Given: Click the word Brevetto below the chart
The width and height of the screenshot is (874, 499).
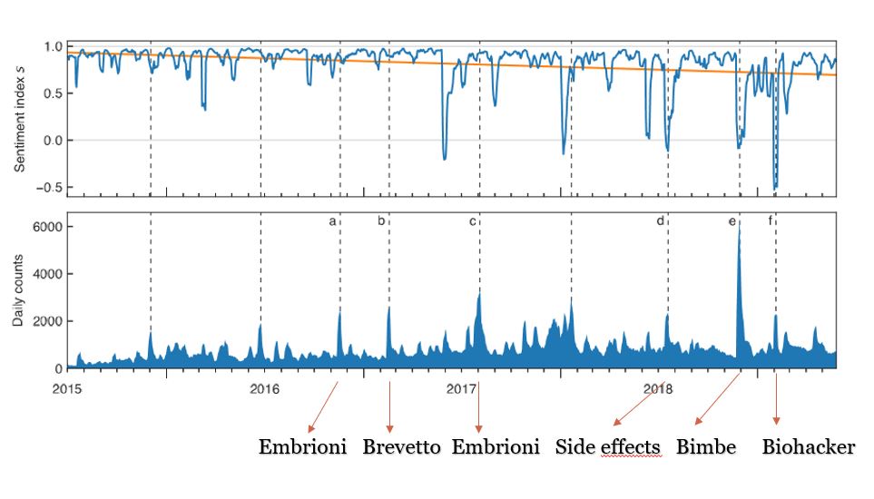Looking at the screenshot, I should (x=401, y=447).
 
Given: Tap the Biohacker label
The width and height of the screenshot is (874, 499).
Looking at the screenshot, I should (x=808, y=447).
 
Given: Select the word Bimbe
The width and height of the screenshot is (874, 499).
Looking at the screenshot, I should (x=705, y=447).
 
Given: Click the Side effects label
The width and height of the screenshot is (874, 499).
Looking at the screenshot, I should (x=607, y=447).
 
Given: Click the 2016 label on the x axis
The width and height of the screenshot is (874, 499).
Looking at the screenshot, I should (x=264, y=389).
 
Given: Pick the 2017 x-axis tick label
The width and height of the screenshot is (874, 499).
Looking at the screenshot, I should (x=461, y=389).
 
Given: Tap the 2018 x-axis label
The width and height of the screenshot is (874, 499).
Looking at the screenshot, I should (x=658, y=389).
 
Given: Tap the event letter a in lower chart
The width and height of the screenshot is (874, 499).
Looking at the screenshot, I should (x=332, y=220).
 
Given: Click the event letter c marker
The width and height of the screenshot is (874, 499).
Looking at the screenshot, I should (x=472, y=220).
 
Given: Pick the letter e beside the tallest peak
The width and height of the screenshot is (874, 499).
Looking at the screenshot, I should (x=732, y=220).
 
